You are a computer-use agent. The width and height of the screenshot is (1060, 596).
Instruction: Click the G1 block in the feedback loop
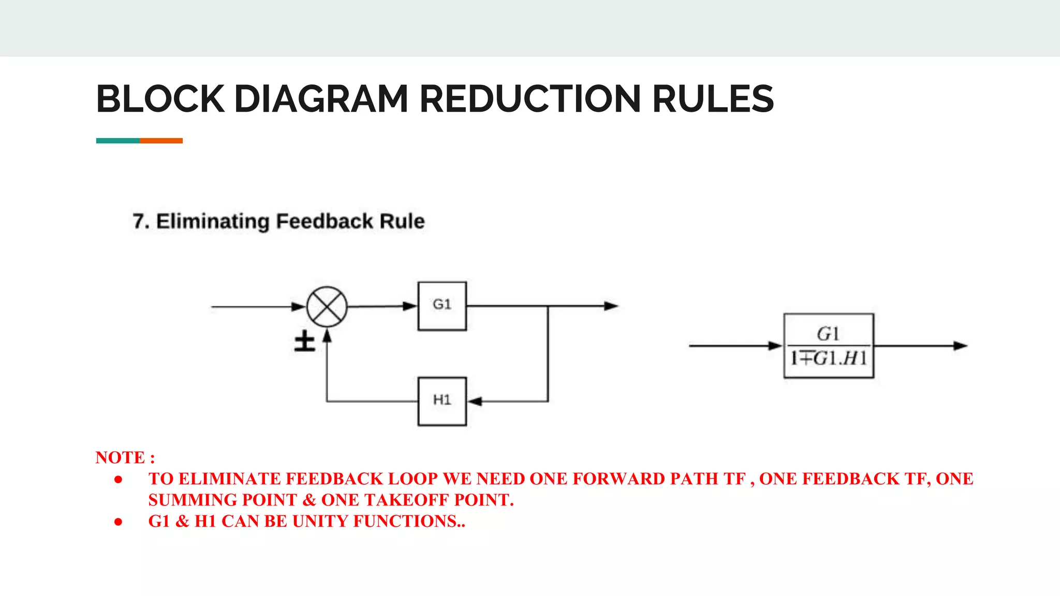click(x=442, y=306)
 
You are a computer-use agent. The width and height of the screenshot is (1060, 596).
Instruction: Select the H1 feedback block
click(x=442, y=401)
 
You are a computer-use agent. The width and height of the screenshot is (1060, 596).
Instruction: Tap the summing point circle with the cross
click(x=327, y=306)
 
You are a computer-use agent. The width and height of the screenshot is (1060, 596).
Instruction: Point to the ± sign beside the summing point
click(x=305, y=341)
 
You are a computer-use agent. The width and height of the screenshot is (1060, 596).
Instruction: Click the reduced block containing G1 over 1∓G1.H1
click(x=829, y=346)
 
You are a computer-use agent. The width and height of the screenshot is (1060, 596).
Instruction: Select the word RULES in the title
click(x=713, y=99)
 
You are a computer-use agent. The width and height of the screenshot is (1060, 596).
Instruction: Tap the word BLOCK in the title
click(x=160, y=99)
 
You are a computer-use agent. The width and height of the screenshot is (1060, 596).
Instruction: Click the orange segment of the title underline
click(x=161, y=141)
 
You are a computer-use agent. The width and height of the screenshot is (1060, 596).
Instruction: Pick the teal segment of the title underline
click(x=117, y=141)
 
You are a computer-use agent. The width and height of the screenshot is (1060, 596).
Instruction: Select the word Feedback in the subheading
click(x=325, y=221)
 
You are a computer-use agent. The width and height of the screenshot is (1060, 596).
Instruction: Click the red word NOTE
click(x=120, y=457)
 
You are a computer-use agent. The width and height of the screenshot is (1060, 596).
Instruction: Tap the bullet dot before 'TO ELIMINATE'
click(x=119, y=480)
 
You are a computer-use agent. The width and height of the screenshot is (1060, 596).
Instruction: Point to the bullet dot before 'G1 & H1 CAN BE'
click(x=119, y=522)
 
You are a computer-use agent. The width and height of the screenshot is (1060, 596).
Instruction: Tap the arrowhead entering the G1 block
click(x=410, y=306)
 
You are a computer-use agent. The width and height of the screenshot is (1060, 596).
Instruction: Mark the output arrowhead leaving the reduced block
click(x=960, y=346)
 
